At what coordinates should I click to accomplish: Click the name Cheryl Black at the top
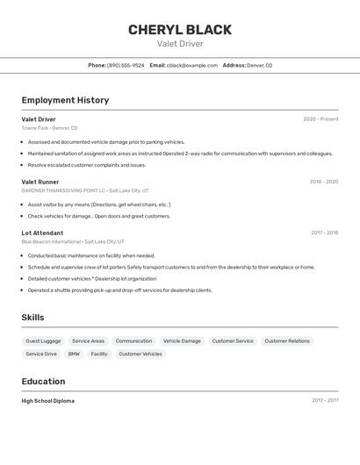tap(180, 30)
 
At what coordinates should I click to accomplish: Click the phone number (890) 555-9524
tap(126, 65)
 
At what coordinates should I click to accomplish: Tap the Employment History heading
tap(65, 100)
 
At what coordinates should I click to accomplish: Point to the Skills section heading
tap(32, 318)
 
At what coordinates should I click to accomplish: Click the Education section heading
tap(43, 382)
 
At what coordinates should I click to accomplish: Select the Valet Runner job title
tap(40, 182)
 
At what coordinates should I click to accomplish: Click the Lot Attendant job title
tap(42, 232)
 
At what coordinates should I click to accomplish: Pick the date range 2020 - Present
tap(320, 118)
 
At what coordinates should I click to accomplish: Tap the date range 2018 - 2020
tap(323, 182)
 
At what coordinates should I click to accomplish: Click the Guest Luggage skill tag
tap(43, 340)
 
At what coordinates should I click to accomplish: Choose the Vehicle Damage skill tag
tap(182, 340)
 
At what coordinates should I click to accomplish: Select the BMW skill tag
tap(74, 354)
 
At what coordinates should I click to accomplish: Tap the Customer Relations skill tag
tap(287, 340)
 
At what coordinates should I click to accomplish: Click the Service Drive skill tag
tap(41, 354)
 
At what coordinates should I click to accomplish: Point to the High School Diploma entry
tap(48, 400)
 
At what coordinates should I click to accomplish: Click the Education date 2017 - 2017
tap(324, 400)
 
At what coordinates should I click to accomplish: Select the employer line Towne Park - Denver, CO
tap(49, 128)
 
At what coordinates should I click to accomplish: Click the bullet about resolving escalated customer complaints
tap(87, 165)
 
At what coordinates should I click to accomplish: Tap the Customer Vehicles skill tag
tap(140, 354)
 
